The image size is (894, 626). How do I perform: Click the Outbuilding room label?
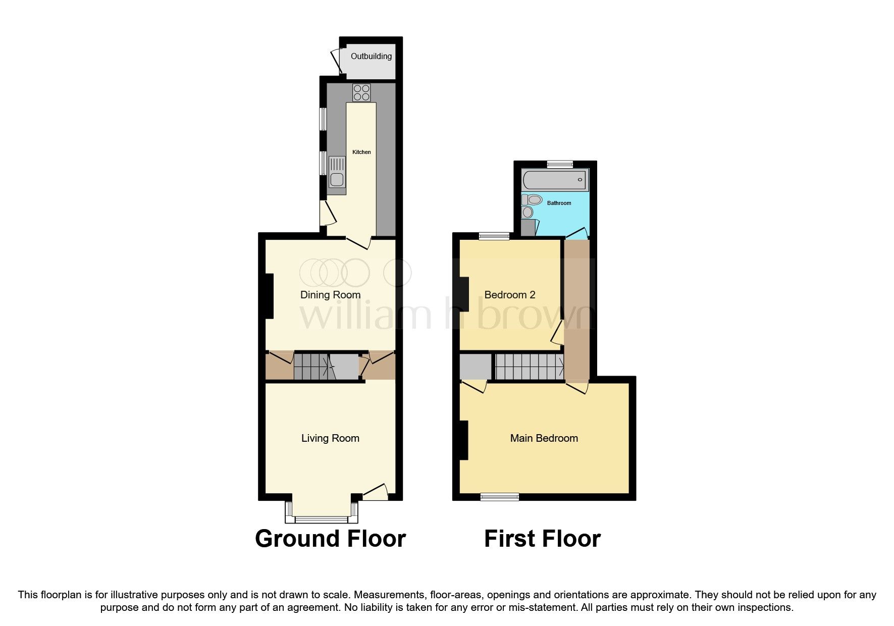371,56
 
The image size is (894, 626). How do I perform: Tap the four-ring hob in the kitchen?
361,92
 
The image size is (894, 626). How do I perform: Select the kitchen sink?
336,175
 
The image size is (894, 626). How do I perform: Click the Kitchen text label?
361,152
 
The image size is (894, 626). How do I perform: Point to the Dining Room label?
330,295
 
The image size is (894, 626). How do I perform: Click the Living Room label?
330,438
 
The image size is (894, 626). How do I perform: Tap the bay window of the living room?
322,518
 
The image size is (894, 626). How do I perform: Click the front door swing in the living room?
376,492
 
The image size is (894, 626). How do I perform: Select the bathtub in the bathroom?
554,179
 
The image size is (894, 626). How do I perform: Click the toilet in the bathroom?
532,200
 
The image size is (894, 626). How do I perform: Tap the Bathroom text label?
559,203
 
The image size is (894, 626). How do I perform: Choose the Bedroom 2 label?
509,295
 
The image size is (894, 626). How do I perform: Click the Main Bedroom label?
544,438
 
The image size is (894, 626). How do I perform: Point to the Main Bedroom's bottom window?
499,497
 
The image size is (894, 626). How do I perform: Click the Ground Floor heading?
330,539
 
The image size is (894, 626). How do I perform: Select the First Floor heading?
542,539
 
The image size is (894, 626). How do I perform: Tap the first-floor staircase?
529,367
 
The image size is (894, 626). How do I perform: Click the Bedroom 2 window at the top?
494,236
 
